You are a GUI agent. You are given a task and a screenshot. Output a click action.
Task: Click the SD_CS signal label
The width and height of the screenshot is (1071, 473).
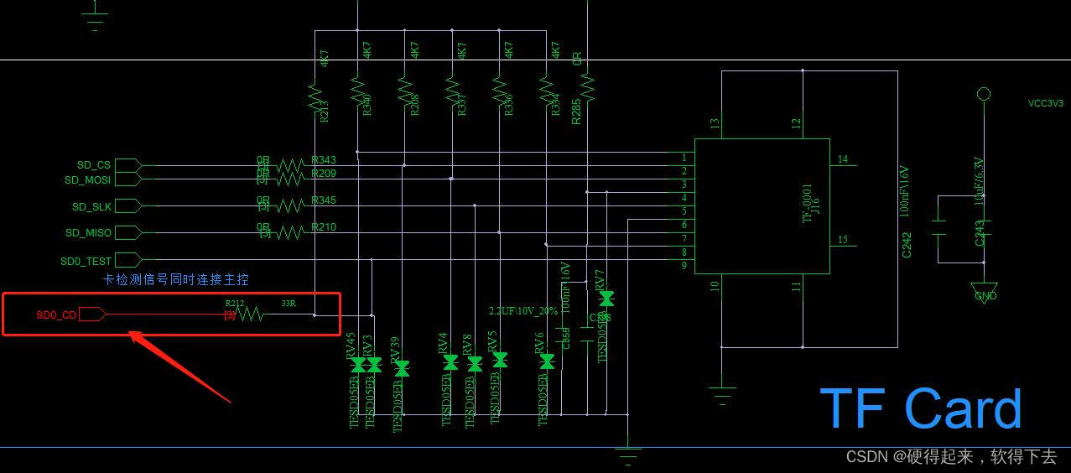[93, 165]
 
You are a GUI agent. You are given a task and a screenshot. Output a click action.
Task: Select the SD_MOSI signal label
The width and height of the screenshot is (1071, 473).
[87, 179]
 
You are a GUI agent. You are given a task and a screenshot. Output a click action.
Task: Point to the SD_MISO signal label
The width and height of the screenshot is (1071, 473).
[88, 232]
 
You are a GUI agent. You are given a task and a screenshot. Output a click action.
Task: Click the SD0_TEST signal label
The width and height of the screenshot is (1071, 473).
[86, 261]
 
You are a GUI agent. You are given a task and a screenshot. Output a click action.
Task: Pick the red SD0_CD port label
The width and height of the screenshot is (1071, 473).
[56, 315]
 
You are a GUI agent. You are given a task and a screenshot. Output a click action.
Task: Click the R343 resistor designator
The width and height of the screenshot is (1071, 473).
[323, 160]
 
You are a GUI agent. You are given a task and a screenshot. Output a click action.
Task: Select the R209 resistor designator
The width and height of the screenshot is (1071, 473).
[323, 174]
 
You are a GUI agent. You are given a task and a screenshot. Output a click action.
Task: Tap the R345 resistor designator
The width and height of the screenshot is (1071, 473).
[323, 200]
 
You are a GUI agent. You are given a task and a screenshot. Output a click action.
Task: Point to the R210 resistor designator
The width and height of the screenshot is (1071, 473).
[323, 227]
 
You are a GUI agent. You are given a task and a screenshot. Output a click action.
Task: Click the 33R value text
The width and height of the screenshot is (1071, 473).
[289, 304]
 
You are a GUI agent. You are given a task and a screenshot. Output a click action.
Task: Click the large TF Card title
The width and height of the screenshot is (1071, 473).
[920, 409]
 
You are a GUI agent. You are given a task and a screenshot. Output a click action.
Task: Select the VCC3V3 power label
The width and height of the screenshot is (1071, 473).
[1045, 104]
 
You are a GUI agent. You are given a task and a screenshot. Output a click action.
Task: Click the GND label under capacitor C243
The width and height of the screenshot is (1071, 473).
[985, 296]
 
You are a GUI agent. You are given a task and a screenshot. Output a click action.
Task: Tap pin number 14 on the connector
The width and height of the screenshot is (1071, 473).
[842, 159]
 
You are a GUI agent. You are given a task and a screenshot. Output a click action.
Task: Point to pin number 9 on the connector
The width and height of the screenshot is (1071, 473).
[684, 266]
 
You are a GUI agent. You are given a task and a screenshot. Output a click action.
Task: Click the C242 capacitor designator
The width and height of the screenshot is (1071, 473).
[907, 245]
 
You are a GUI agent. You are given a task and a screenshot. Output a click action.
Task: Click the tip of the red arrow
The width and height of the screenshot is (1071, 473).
[130, 334]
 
